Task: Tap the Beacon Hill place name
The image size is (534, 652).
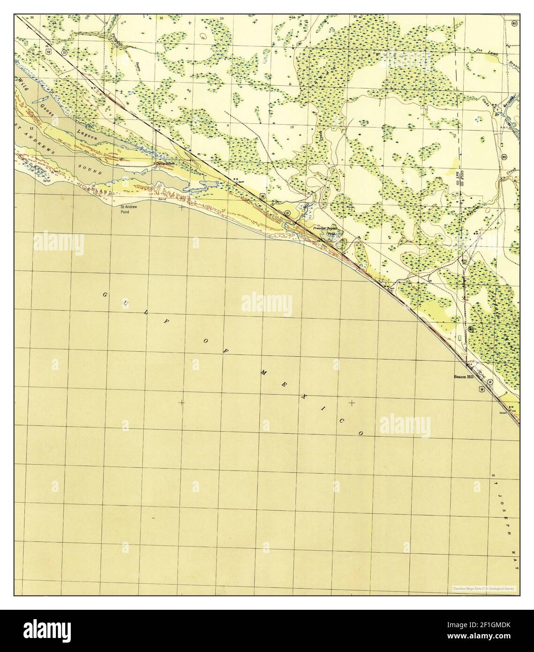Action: [x=465, y=376]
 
